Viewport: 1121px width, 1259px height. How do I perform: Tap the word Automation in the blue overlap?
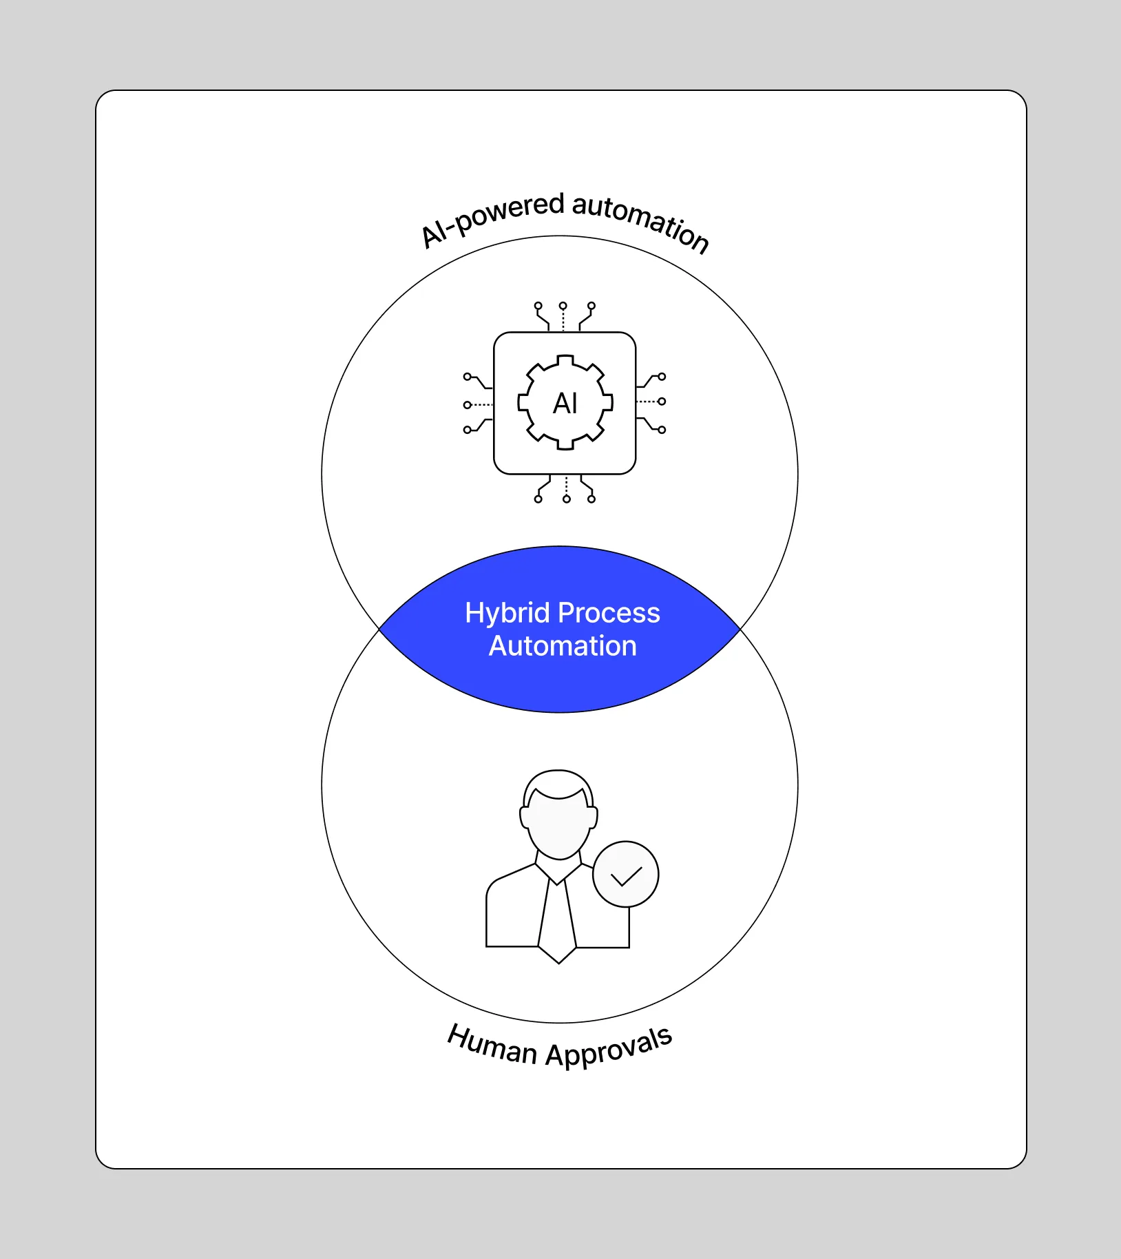[x=563, y=646]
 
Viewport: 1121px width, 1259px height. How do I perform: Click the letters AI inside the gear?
[x=565, y=404]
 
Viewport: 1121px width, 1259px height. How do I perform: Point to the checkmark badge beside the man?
[x=626, y=875]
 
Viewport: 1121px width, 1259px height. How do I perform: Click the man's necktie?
[x=558, y=919]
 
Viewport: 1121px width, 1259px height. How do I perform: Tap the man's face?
[x=558, y=826]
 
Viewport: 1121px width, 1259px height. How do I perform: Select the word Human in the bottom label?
[x=491, y=1045]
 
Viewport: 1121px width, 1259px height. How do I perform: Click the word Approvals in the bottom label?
[x=609, y=1048]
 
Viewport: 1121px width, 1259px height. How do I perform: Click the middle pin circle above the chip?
[x=563, y=305]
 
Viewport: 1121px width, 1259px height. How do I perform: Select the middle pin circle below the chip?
[x=567, y=499]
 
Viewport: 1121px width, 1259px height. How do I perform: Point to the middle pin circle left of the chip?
[x=468, y=405]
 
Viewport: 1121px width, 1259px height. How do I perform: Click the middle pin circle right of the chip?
[x=662, y=402]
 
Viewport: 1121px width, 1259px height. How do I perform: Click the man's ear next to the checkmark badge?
[x=593, y=817]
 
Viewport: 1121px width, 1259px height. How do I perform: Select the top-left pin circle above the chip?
[x=538, y=305]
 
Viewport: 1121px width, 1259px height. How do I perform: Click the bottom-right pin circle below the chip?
[x=591, y=499]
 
